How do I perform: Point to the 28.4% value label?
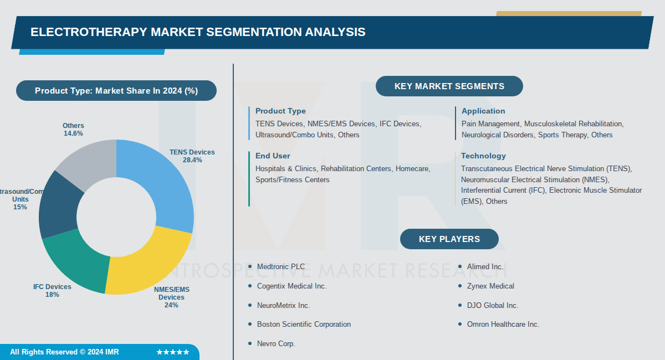point(192,160)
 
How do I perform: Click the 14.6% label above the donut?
point(73,133)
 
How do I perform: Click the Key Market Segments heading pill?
point(449,86)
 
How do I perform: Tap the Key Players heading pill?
point(449,239)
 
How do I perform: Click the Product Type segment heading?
point(280,111)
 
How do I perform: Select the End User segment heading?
point(273,156)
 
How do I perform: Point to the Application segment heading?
point(483,111)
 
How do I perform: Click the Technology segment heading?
point(483,156)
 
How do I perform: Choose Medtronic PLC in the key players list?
point(280,266)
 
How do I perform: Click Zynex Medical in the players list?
point(490,286)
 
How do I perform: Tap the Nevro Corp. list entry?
point(276,343)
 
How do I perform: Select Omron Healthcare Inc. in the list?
point(503,324)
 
